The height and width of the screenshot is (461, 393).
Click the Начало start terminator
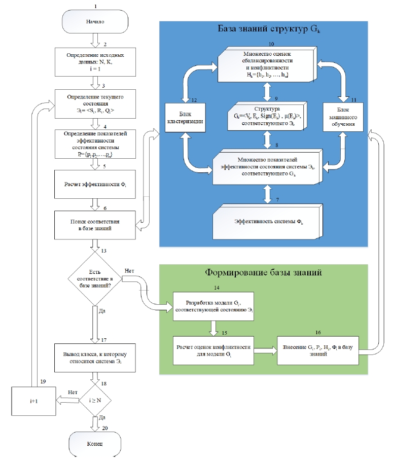coord(95,22)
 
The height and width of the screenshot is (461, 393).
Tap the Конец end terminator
coord(95,444)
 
